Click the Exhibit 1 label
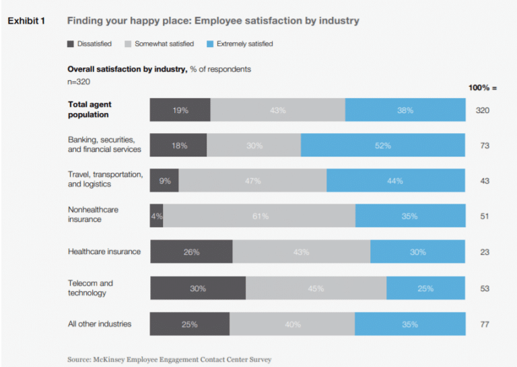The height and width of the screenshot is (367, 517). (x=26, y=21)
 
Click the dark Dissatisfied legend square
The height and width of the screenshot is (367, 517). (x=71, y=44)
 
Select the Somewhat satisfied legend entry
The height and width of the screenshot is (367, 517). (x=159, y=44)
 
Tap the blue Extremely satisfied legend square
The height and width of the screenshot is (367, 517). (x=209, y=44)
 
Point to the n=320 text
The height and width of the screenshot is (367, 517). (x=79, y=81)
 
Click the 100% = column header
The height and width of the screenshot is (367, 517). (x=482, y=88)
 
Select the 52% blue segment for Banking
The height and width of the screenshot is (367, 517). (x=382, y=145)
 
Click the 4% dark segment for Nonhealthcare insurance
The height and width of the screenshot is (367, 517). (x=156, y=216)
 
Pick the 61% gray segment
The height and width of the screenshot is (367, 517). (x=259, y=216)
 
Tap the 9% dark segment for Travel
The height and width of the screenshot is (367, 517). (x=164, y=180)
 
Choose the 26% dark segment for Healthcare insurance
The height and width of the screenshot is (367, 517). (x=191, y=252)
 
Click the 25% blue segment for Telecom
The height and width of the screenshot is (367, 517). (x=425, y=288)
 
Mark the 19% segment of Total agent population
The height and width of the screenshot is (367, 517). (x=180, y=110)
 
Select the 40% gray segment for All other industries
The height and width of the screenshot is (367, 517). (x=292, y=324)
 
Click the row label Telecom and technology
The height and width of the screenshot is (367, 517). (x=90, y=288)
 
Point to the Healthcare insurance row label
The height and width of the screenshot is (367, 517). (x=104, y=251)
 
